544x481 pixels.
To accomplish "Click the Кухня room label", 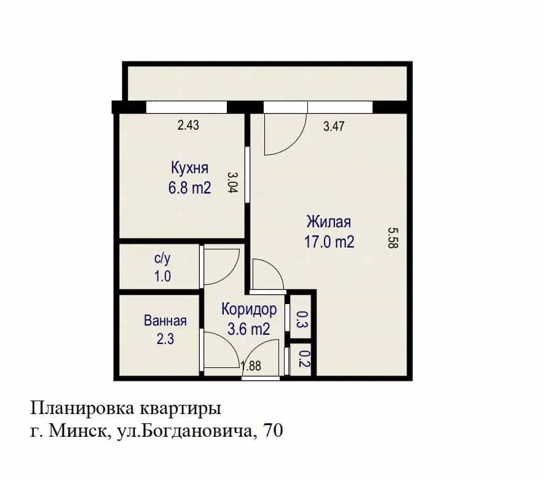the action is pos(190,168).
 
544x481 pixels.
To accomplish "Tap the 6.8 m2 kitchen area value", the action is pos(190,188).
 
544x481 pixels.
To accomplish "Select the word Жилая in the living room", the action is pos(329,222).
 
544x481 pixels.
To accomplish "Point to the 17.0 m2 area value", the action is pos(329,241).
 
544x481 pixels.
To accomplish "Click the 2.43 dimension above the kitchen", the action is pos(188,125).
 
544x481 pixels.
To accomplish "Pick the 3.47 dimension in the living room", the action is pos(334,126).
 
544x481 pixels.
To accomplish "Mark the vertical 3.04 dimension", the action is pos(233,182).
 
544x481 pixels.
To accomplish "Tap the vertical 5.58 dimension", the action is pos(393,238).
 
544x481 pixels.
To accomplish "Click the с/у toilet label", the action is pos(162,259).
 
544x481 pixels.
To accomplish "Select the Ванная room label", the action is pos(165,321).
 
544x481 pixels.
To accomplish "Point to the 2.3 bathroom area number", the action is pos(165,339).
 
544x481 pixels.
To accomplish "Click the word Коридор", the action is pos(249,310).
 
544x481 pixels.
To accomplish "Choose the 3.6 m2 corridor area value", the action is pos(249,329).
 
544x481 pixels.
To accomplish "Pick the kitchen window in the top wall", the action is pos(186,107).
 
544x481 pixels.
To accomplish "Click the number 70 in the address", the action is pos(274,431).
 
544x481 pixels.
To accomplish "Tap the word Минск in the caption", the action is pos(77,431).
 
